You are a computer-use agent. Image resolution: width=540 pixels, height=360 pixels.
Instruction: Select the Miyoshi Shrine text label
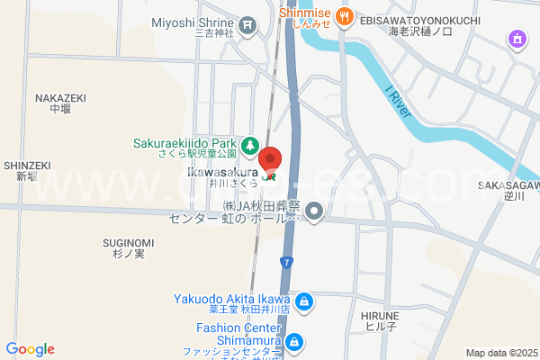pyautogui.click(x=193, y=23)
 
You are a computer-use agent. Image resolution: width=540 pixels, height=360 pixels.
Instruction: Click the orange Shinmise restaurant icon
pyautogui.click(x=345, y=17)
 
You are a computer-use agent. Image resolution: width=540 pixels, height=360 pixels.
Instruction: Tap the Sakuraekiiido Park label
pyautogui.click(x=184, y=143)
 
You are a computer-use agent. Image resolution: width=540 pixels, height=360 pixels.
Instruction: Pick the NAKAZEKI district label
pyautogui.click(x=60, y=98)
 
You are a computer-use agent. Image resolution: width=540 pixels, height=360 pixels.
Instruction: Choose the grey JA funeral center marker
pyautogui.click(x=314, y=212)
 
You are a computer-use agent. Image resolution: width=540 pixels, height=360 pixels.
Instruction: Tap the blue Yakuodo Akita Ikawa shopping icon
pyautogui.click(x=304, y=301)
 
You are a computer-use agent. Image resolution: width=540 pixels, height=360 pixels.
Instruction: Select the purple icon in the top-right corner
pyautogui.click(x=517, y=40)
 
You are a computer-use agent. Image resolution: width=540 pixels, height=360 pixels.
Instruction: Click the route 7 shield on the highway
pyautogui.click(x=287, y=262)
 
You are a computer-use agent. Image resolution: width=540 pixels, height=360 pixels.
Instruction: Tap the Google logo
pyautogui.click(x=30, y=349)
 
